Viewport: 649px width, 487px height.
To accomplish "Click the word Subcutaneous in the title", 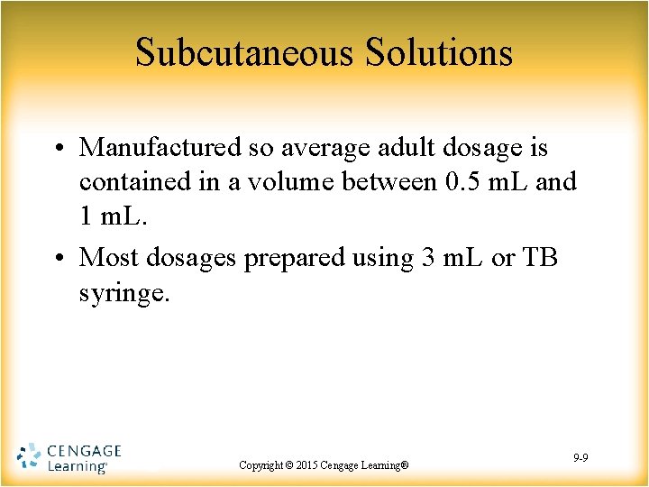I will pos(245,53).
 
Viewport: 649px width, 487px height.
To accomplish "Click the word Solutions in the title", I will pos(439,53).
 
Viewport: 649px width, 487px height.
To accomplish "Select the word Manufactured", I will pos(160,147).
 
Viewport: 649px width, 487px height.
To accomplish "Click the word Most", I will pos(108,257).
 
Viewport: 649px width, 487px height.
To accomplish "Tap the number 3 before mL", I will pos(430,257).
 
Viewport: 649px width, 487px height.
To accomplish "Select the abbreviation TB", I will pos(540,257).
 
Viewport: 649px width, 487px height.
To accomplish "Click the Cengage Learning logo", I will pos(69,458).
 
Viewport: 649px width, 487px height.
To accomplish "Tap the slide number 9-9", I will pos(580,459).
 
